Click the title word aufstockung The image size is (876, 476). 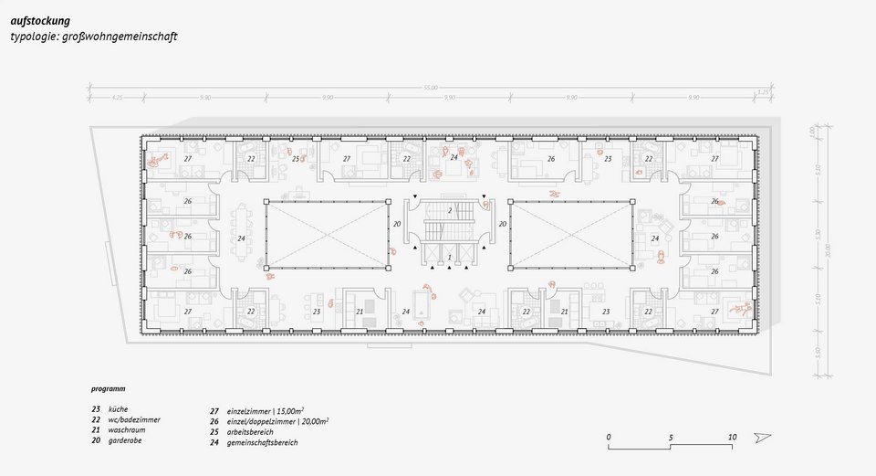click(x=40, y=19)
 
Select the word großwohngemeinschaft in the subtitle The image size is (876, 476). click(x=126, y=37)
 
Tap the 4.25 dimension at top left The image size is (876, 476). click(x=118, y=97)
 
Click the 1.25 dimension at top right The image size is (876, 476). click(x=763, y=92)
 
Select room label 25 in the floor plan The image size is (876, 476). click(x=295, y=159)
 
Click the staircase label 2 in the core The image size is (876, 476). click(x=450, y=210)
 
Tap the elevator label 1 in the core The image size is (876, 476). click(x=449, y=258)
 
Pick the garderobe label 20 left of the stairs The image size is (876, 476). click(x=397, y=223)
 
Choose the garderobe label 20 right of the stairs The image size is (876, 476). click(x=502, y=223)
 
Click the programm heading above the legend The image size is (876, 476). click(x=109, y=388)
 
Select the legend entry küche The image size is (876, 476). click(x=118, y=409)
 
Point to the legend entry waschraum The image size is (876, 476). click(x=126, y=429)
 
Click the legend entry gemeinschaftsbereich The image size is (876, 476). click(x=262, y=442)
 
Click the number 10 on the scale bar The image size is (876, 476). click(x=732, y=437)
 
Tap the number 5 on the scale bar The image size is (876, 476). click(x=671, y=437)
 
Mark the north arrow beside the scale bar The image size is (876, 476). click(x=763, y=439)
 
